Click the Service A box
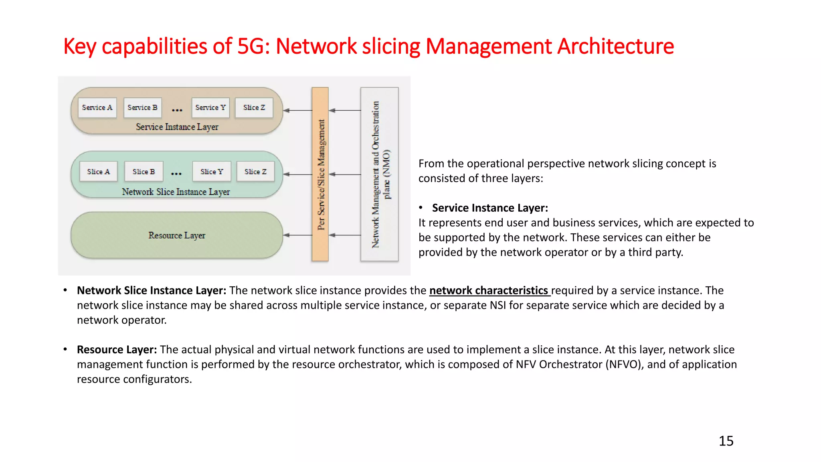(97, 107)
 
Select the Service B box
(142, 107)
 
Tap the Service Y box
(210, 107)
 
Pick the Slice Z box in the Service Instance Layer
(254, 107)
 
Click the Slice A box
(98, 172)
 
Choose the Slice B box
(144, 172)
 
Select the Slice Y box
(212, 172)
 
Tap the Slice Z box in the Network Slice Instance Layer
(255, 172)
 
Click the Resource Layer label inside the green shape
(177, 235)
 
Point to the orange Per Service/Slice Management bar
(320, 174)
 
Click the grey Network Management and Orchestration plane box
(379, 174)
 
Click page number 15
(726, 441)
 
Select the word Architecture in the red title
(616, 46)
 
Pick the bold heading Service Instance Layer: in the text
(490, 208)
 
